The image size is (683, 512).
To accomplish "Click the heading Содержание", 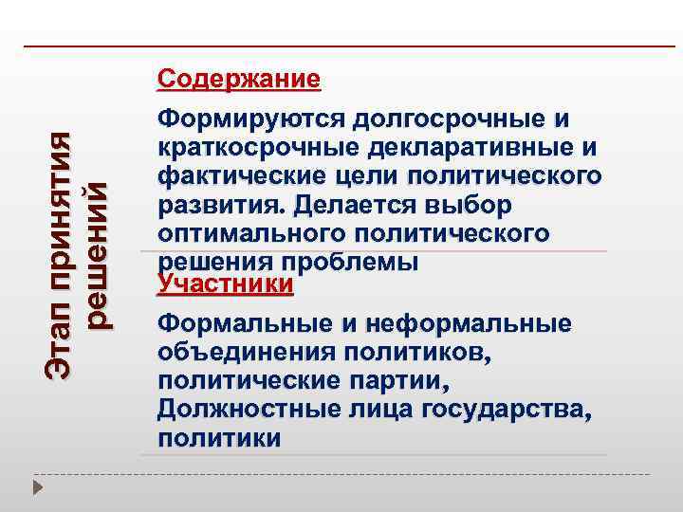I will point(239,78).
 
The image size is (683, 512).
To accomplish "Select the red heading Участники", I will point(226,283).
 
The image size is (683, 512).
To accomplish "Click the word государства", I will point(510,409).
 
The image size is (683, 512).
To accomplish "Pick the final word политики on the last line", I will point(219,437).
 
